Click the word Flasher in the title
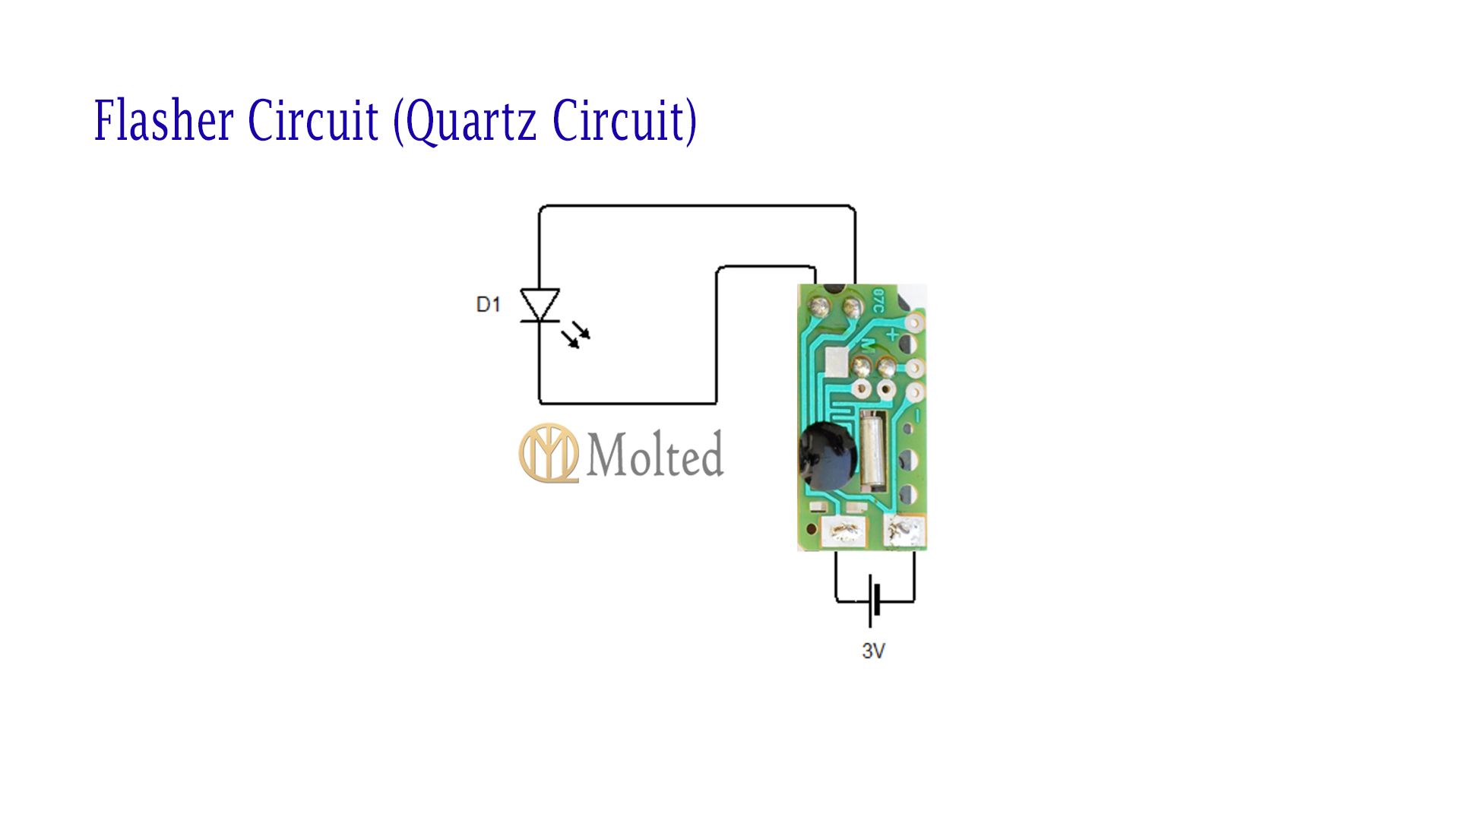pos(163,120)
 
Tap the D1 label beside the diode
pos(488,305)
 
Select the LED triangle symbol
pos(540,305)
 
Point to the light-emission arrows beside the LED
pos(576,335)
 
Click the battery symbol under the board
pos(874,601)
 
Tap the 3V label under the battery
pos(873,651)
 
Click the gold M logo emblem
pos(548,453)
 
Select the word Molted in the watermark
pos(654,455)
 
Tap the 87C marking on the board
pos(878,300)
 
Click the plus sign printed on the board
pos(893,333)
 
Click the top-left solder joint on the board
pos(819,307)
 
